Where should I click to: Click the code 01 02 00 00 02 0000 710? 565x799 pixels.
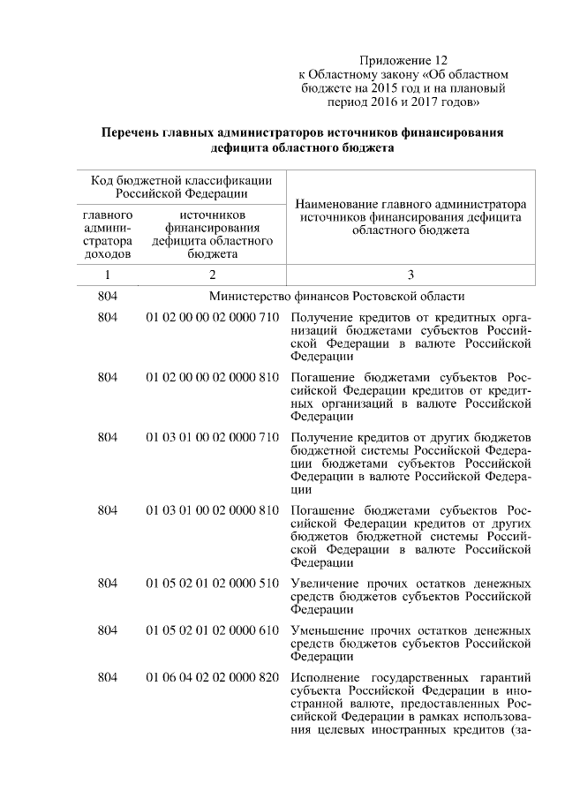coord(213,317)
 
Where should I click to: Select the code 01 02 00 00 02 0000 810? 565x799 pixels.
coord(213,377)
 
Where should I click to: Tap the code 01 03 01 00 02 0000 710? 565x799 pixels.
coord(213,438)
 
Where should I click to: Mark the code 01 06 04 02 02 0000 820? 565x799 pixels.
coord(213,678)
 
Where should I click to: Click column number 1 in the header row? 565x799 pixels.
coord(107,275)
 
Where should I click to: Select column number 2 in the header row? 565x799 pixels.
coord(213,275)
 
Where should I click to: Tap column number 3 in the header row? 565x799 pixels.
coord(411,275)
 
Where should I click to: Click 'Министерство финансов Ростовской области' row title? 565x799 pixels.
coord(336,296)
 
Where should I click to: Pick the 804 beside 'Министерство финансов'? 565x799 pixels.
coord(107,296)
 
